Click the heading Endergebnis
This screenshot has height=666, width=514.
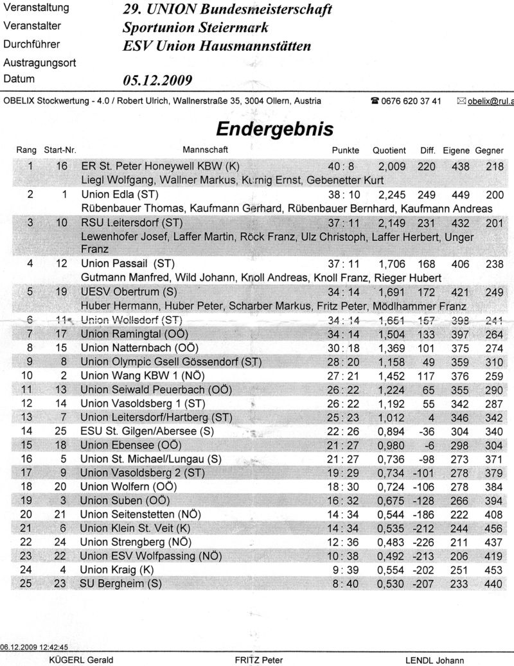tap(274, 128)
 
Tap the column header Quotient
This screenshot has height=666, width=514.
tap(389, 150)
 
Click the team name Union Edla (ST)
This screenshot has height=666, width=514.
tap(120, 193)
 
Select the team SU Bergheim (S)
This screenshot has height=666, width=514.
tap(120, 583)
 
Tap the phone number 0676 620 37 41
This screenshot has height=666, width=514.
tap(411, 101)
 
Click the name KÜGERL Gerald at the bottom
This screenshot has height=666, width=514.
tap(81, 660)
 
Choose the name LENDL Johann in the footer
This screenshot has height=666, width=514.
tap(434, 660)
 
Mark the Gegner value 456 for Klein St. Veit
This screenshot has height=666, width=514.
tap(493, 528)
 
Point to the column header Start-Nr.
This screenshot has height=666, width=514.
tap(60, 150)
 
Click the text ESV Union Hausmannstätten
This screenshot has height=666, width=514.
tap(217, 46)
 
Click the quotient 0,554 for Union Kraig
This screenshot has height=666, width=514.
tap(392, 570)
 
